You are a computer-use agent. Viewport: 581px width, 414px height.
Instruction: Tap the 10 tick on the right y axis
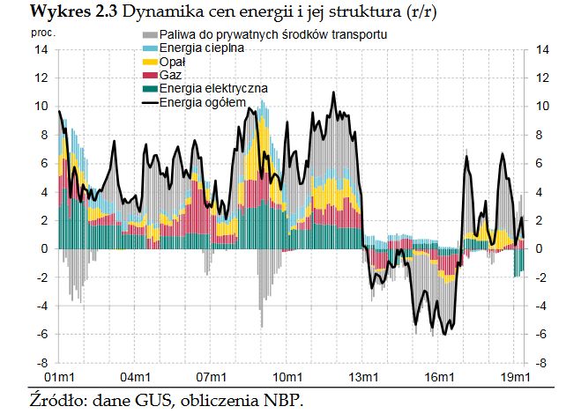point(543,107)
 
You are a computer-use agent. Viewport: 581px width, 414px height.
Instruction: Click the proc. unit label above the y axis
point(42,33)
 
